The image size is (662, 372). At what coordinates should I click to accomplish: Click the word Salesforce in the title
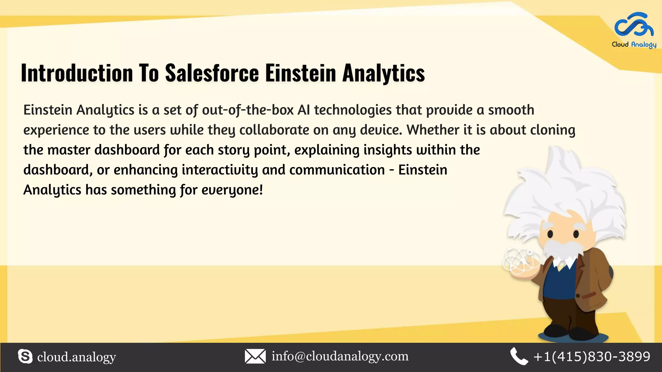(x=212, y=73)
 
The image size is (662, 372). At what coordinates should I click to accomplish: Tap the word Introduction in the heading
(x=77, y=73)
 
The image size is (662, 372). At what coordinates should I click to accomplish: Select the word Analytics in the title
(x=383, y=73)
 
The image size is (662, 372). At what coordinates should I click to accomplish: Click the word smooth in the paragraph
(x=511, y=110)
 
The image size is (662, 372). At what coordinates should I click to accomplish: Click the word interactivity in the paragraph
(x=220, y=170)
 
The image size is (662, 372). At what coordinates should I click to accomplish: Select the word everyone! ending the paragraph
(x=232, y=190)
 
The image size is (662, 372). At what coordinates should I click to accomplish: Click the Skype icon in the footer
(x=25, y=356)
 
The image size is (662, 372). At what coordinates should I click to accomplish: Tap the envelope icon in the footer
(x=255, y=356)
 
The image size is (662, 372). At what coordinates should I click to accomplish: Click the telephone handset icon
(x=519, y=356)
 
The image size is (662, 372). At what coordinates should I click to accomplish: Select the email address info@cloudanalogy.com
(x=340, y=356)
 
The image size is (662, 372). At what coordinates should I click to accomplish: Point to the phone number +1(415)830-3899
(x=592, y=356)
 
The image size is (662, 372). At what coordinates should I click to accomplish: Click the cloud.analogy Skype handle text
(x=77, y=357)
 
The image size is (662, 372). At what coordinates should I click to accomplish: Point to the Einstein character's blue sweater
(x=561, y=284)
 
